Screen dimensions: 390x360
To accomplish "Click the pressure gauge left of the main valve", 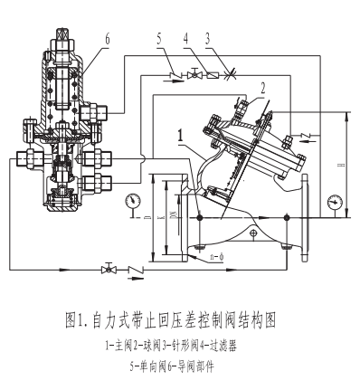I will [x=134, y=200].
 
